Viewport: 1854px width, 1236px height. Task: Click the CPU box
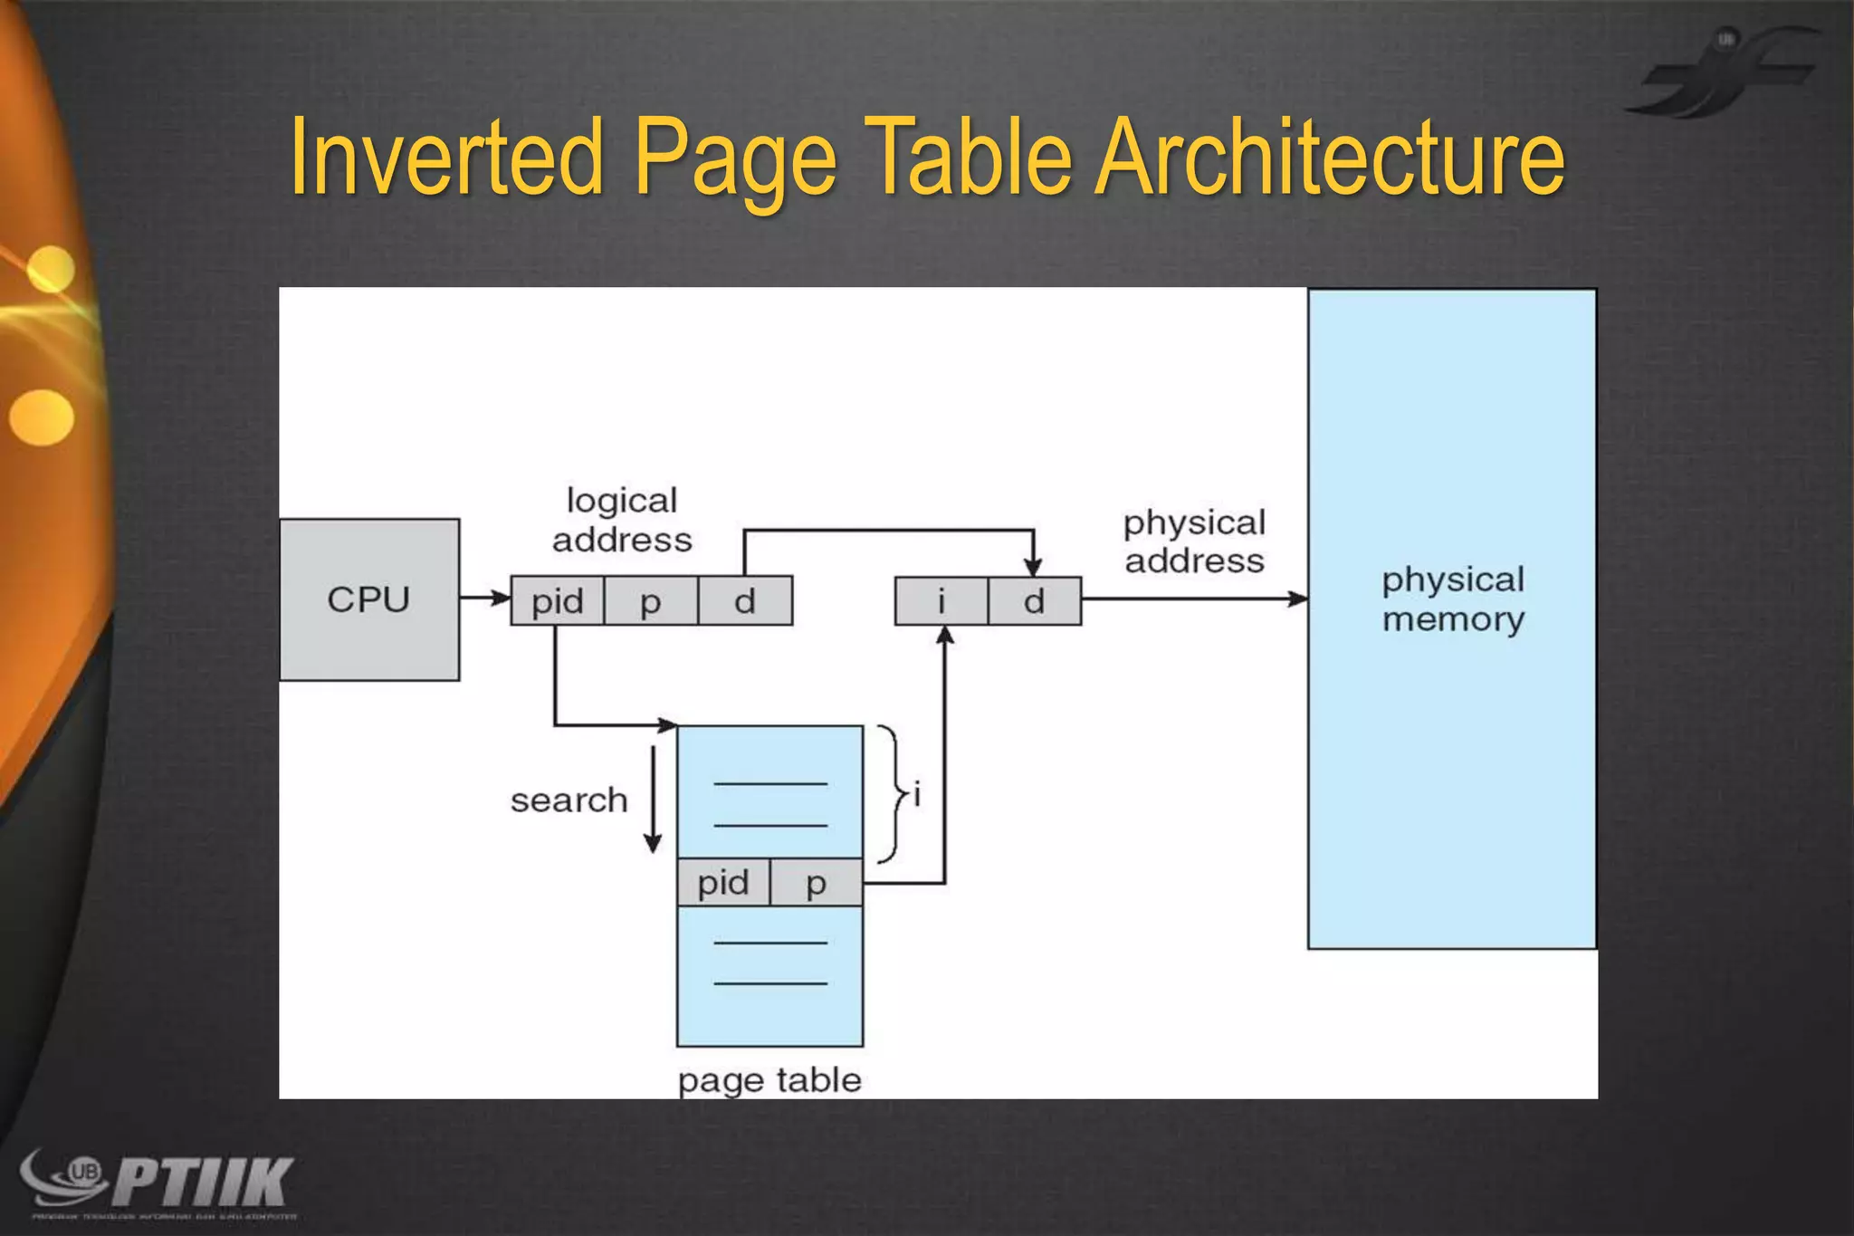click(369, 599)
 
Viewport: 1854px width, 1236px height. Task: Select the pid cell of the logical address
click(557, 601)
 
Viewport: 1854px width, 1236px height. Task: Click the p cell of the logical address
click(651, 601)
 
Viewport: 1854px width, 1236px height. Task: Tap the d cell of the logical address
click(745, 601)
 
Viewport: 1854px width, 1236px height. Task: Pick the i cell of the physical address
click(941, 601)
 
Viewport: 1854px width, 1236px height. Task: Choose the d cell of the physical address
click(1035, 601)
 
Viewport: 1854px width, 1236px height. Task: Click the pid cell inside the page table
click(723, 883)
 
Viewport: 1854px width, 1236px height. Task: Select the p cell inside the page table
click(817, 883)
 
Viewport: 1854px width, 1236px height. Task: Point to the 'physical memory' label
click(1453, 599)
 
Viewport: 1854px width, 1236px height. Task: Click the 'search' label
click(569, 800)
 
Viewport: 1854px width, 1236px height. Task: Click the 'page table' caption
click(769, 1080)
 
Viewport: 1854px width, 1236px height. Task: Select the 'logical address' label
click(622, 521)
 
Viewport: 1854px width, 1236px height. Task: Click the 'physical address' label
click(1194, 541)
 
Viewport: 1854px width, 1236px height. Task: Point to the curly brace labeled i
click(894, 794)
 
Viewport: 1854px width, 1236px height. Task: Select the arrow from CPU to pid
click(484, 598)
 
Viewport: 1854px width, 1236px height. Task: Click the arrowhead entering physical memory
click(1298, 599)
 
